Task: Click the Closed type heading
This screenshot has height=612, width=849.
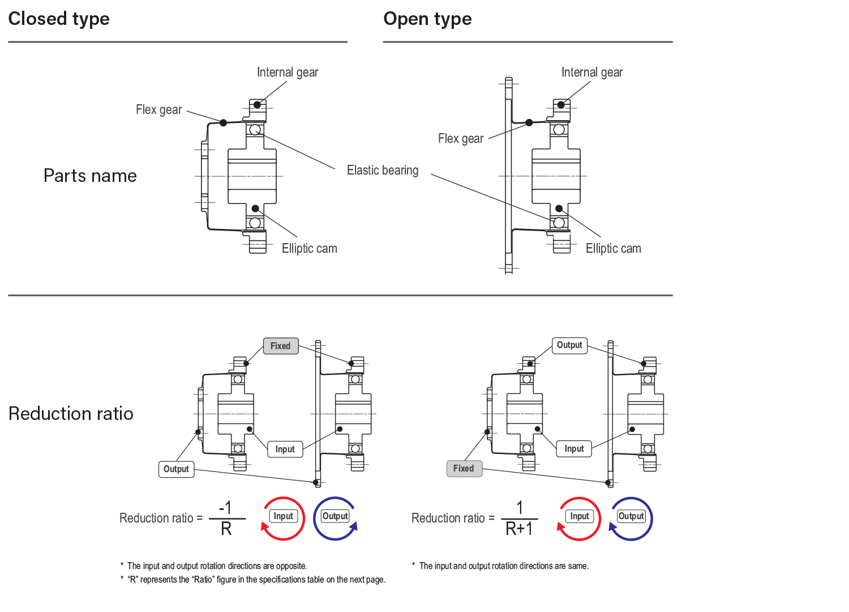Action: point(59,19)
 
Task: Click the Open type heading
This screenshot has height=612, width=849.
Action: point(427,19)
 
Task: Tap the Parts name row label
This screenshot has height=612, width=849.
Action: point(90,176)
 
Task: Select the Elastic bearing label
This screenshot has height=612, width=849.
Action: point(383,170)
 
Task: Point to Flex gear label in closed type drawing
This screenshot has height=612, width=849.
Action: point(158,109)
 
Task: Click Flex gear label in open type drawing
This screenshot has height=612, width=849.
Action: point(461,138)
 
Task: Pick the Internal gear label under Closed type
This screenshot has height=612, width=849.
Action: point(288,72)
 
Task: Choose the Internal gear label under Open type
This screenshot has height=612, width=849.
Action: point(592,72)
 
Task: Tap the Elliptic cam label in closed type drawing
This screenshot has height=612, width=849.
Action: point(309,248)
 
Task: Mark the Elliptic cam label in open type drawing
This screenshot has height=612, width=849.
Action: point(613,248)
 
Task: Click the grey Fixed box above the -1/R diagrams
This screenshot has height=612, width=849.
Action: point(281,346)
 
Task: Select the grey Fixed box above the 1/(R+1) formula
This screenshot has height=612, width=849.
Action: point(464,469)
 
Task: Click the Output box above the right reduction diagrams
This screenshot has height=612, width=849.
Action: point(569,345)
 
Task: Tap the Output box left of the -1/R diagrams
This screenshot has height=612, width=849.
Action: point(176,469)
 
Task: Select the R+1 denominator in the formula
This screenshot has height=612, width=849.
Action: point(519,529)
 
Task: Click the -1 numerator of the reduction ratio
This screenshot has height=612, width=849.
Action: point(225,507)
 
